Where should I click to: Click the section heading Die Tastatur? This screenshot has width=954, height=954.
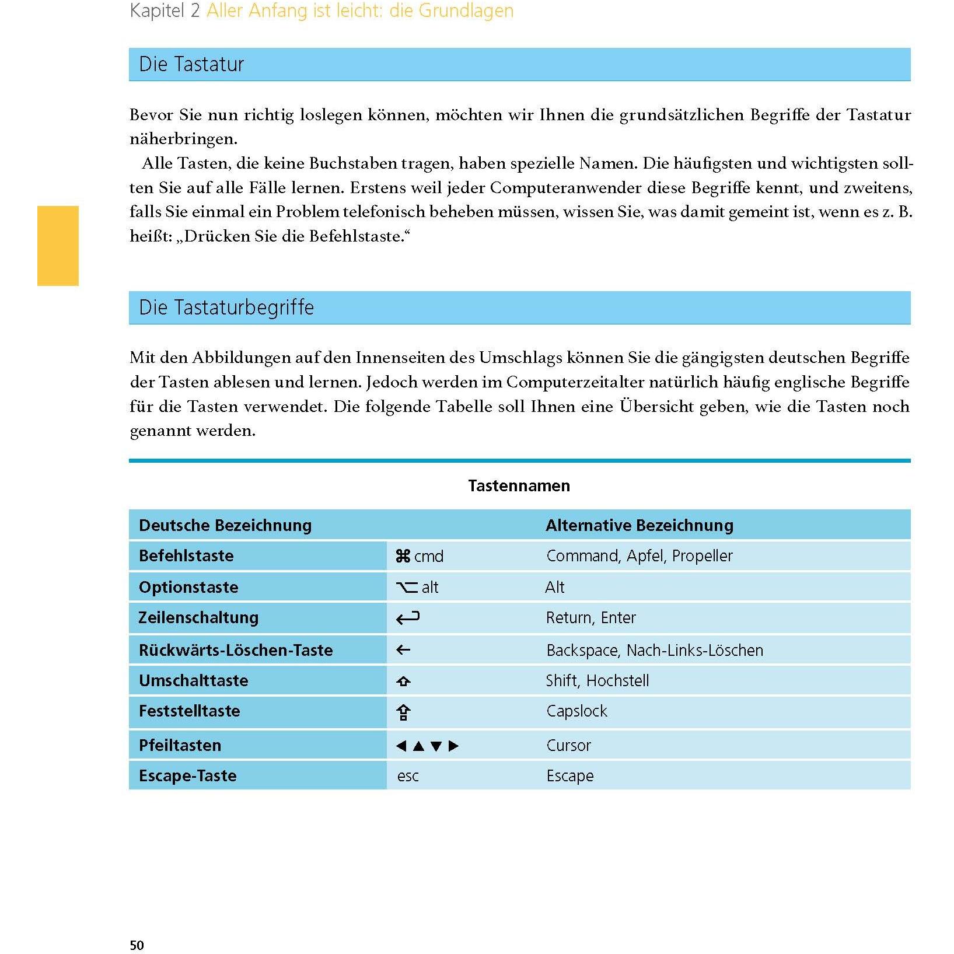pos(191,64)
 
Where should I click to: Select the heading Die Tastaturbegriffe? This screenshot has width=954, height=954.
pos(226,307)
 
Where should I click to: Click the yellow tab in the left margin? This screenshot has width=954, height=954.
pos(58,246)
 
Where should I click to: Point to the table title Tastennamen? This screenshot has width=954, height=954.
pos(519,485)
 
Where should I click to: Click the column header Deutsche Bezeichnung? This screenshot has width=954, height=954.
pos(225,525)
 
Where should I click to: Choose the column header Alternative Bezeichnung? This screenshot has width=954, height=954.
pos(640,525)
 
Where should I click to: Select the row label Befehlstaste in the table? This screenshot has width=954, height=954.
pos(186,555)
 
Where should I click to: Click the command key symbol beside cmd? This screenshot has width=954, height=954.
pos(403,556)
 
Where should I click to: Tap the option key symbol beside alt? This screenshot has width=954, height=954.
pos(407,588)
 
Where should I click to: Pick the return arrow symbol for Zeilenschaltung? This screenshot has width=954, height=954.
pos(408,618)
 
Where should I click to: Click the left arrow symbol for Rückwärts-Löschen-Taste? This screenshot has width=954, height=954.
pos(403,650)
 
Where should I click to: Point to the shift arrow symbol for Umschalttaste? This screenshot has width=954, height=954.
pos(403,681)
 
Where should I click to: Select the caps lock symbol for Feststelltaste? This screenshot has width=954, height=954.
pos(403,712)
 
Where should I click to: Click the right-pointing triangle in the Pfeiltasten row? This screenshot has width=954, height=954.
pos(454,746)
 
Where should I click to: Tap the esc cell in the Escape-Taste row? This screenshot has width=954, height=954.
pos(408,776)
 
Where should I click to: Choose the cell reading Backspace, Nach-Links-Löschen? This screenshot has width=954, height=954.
pos(655,650)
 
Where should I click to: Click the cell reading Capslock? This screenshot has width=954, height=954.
pos(576,711)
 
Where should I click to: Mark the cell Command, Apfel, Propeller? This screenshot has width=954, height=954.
pos(640,555)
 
